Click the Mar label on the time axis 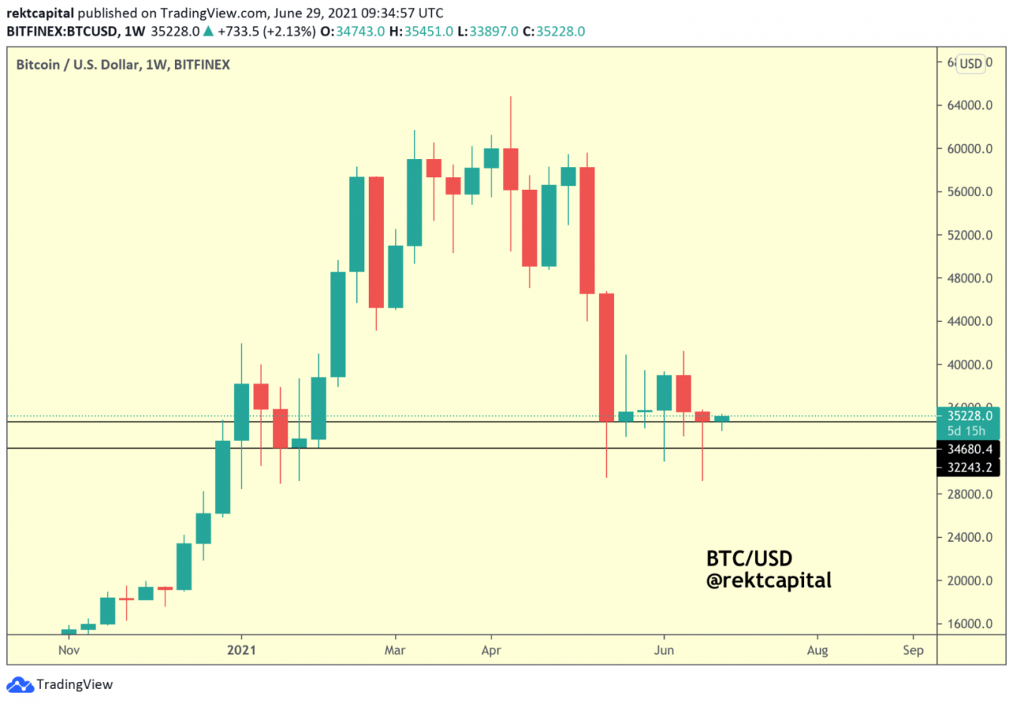point(395,650)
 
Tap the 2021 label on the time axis point(241,650)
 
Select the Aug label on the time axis point(818,650)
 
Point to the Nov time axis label point(69,650)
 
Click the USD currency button point(971,64)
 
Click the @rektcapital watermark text point(768,581)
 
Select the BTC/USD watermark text point(749,558)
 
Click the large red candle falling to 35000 point(606,356)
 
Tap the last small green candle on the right point(722,418)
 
